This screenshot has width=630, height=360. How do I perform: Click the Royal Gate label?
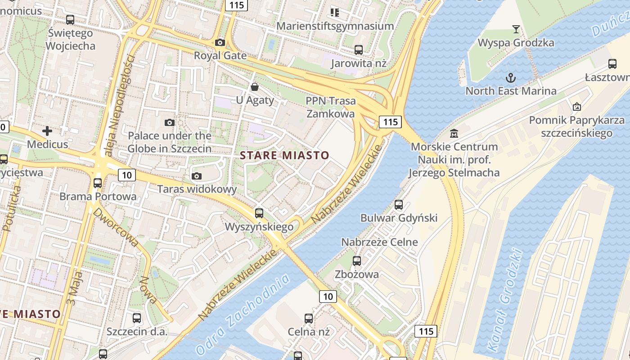click(x=220, y=55)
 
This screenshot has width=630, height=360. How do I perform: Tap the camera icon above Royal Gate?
click(x=220, y=42)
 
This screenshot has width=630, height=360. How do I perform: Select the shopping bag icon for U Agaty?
click(x=255, y=86)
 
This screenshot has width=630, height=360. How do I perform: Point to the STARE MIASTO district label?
click(x=284, y=156)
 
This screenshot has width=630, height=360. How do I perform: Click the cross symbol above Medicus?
click(x=47, y=131)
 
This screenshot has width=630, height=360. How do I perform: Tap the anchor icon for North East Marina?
click(x=510, y=78)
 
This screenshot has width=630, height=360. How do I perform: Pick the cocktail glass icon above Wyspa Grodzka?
click(x=516, y=30)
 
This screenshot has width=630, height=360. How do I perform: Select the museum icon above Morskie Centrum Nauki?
click(x=454, y=134)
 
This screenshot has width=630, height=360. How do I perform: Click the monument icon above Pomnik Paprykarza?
click(x=576, y=107)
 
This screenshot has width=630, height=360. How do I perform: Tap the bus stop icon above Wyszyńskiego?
click(x=259, y=213)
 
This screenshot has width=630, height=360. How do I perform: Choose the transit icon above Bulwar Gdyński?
click(x=399, y=205)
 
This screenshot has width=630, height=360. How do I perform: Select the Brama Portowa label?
click(x=98, y=197)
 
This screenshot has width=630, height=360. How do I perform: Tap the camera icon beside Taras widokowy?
click(x=196, y=176)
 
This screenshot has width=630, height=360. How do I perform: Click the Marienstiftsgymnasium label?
click(x=335, y=26)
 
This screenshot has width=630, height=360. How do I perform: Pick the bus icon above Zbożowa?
click(x=357, y=261)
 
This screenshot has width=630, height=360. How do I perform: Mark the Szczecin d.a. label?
click(x=137, y=332)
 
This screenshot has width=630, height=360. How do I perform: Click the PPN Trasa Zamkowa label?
click(x=331, y=107)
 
